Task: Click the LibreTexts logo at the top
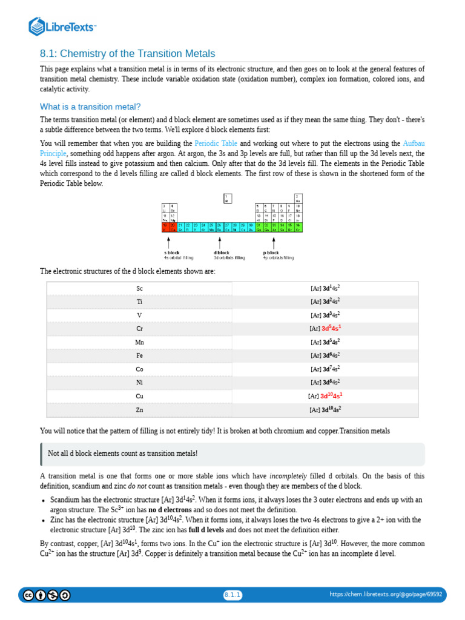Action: (62, 26)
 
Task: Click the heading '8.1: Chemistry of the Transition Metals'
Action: (127, 54)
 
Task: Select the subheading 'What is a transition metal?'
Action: (90, 107)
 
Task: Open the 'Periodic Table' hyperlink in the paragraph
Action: (214, 143)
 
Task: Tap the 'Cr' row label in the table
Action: (139, 329)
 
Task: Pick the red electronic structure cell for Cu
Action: (329, 396)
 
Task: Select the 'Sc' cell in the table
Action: (139, 288)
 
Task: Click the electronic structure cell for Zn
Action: (325, 409)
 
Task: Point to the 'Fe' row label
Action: (139, 355)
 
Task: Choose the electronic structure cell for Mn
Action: (325, 342)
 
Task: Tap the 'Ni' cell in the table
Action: (139, 383)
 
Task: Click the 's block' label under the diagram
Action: (172, 252)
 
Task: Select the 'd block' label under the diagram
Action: (222, 252)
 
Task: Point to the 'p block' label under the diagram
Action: (271, 252)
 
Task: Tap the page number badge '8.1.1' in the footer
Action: (232, 595)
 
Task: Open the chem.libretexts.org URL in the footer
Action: (386, 595)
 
